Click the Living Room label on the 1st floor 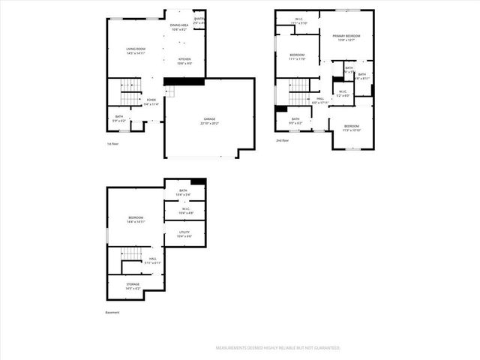(136, 51)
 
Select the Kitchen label (184, 61)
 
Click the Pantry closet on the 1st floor (199, 21)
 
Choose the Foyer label (151, 101)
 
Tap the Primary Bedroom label (346, 37)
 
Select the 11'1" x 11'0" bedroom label (297, 57)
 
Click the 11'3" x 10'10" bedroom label (351, 128)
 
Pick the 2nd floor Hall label (320, 100)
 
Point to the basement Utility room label (184, 234)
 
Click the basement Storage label (132, 286)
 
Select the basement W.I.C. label (184, 211)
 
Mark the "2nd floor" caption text (282, 140)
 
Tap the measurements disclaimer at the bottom (278, 348)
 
